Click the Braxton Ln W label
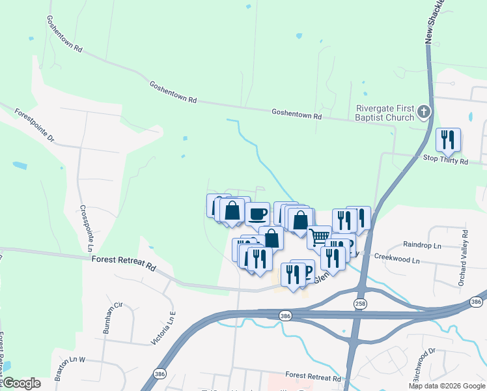(x=70, y=368)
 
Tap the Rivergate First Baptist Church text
(x=385, y=113)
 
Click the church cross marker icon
(x=424, y=112)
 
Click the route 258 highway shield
(x=360, y=304)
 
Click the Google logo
(x=21, y=383)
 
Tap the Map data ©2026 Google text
(x=447, y=386)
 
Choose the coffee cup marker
(x=257, y=213)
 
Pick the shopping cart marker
(x=319, y=237)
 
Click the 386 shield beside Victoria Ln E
(x=160, y=373)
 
